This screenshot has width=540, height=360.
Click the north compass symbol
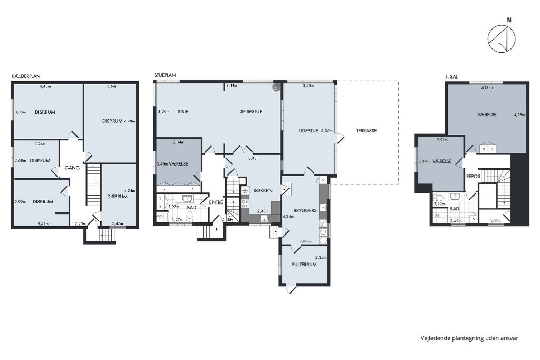coord(502,39)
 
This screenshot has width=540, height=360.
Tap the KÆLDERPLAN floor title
coord(26,76)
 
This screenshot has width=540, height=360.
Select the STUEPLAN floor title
coord(165,75)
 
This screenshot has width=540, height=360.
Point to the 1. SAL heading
coord(451,77)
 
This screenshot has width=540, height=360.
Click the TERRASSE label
coord(366,131)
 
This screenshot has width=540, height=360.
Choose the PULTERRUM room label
coord(304,265)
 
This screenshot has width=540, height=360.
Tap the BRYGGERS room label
coord(305,211)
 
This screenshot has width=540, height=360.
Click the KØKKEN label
coord(263,191)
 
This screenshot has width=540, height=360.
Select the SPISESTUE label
coord(251,112)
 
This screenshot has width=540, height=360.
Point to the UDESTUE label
coord(308,131)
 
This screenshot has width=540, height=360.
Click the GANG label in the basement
coord(72,168)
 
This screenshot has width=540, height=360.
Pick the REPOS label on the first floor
coord(473,177)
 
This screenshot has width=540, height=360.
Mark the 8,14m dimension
coord(232,86)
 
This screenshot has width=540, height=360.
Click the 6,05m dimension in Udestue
coord(327,131)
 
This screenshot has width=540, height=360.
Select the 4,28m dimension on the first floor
coord(519,115)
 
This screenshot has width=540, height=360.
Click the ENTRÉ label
coord(216,203)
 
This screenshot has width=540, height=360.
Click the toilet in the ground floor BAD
coord(189,216)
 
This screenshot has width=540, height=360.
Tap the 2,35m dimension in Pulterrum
coord(321,257)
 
